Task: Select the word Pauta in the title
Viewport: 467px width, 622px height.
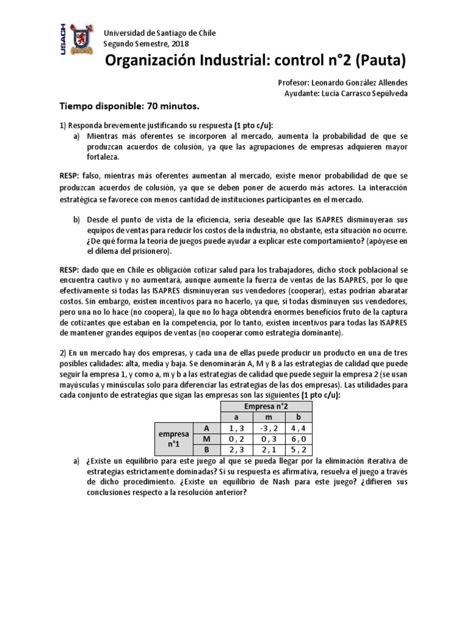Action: pos(377,61)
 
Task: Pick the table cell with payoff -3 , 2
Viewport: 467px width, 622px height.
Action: pos(264,429)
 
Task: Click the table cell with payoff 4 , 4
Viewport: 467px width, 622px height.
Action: pos(298,429)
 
